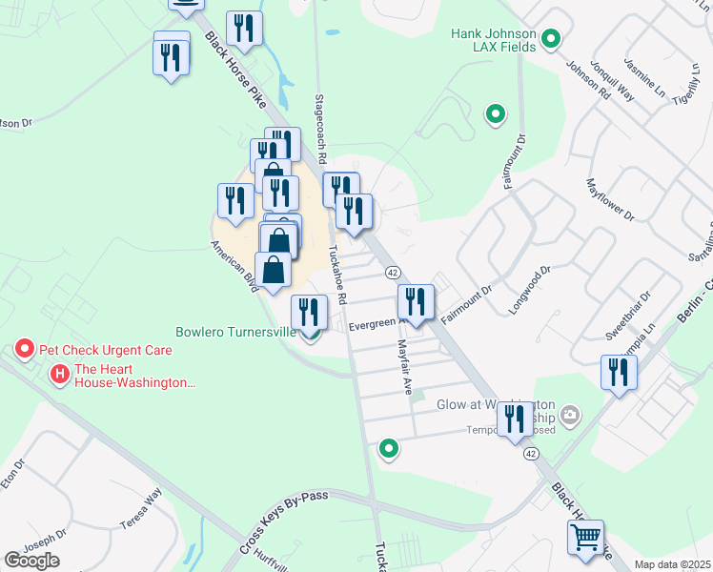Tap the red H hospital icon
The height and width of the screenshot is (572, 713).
[60, 374]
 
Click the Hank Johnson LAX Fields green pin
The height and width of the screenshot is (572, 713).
[550, 39]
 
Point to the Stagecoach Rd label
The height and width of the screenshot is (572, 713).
[321, 129]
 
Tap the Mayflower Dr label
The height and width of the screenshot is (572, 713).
[611, 200]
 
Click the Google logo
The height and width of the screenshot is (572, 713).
[31, 561]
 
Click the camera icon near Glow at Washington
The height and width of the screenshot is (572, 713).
[570, 414]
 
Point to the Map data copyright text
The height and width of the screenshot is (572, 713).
[673, 564]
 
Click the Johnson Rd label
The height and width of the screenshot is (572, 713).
[588, 83]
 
